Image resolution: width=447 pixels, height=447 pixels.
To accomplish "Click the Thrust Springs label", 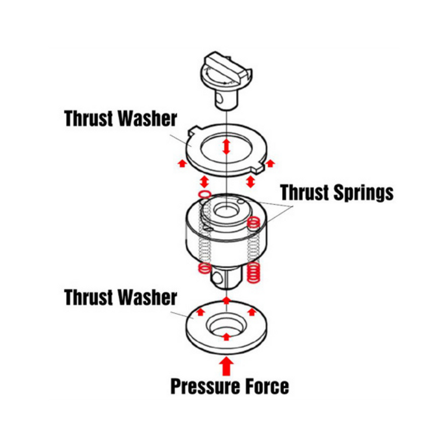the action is [337, 193].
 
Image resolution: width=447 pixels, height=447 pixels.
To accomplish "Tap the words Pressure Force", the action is [230, 387].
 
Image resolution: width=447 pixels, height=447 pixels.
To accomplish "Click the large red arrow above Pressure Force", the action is [226, 367].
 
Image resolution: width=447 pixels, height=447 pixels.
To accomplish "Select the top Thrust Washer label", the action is [121, 118].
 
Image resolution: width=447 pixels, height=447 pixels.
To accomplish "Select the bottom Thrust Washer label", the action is [121, 297].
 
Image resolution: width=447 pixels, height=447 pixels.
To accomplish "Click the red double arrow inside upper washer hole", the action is [226, 146].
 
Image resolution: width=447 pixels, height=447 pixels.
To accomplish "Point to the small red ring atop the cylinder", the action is [205, 194].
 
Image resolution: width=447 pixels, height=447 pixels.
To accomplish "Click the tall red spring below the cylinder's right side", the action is [254, 273].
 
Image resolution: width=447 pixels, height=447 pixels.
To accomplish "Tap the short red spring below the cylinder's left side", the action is [205, 268].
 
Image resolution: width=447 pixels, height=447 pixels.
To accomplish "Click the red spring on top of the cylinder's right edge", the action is [253, 222].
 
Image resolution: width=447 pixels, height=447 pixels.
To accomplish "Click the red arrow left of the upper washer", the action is [182, 163].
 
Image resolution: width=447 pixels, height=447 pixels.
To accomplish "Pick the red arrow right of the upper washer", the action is [270, 163].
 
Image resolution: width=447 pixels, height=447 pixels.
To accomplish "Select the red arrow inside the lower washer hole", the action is [226, 336].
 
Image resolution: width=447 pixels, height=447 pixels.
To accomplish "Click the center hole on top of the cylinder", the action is [226, 211].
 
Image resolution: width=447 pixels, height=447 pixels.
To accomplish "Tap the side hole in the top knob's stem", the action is [219, 98].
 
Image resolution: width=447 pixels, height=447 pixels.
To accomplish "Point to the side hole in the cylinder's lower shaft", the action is [217, 278].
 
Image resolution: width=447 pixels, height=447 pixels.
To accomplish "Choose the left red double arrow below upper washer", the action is [204, 181].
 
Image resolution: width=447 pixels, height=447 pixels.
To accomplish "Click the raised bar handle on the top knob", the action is [226, 67].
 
